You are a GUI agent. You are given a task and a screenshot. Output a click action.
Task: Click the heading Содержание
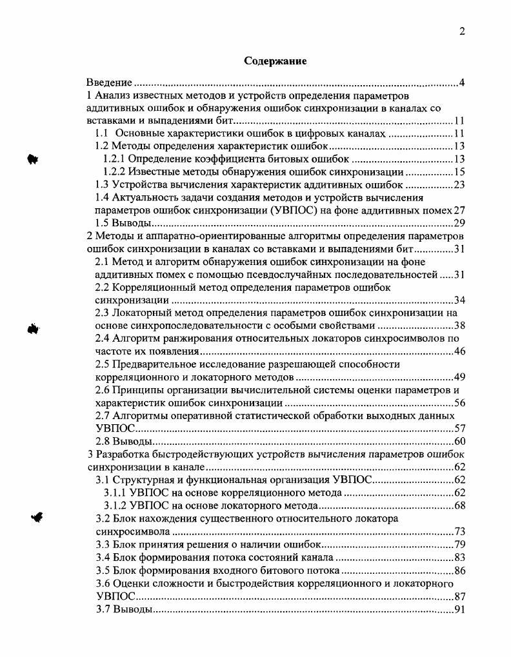pos(275,61)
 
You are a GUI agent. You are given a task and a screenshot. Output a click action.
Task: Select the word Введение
pos(110,83)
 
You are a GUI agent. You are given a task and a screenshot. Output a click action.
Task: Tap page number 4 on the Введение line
pos(462,83)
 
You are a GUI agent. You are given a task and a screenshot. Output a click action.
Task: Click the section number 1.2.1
pos(114,159)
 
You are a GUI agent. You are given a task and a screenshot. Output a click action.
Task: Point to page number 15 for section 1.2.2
pos(459,172)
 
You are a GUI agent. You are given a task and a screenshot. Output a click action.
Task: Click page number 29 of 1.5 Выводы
pos(459,223)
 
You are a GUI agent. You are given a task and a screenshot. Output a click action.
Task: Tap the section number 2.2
pos(103,287)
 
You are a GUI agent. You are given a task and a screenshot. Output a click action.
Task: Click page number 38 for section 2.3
pos(459,325)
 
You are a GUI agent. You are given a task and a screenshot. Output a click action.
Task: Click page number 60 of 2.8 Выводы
pos(459,442)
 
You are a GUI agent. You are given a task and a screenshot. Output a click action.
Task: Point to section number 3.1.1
pos(115,493)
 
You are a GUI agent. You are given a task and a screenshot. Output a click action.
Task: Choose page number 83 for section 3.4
pos(459,557)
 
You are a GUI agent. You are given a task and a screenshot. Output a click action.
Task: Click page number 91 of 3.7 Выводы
pos(459,609)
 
